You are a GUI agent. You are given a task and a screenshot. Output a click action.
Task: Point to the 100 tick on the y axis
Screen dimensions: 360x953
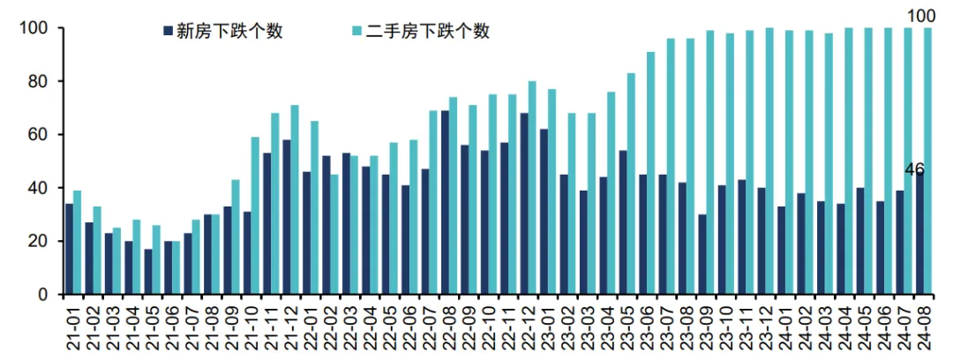tap(33, 28)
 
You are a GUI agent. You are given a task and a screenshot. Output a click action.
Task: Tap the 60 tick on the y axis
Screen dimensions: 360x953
tap(36, 135)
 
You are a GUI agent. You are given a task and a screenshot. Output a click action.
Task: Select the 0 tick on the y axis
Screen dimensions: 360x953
tap(41, 295)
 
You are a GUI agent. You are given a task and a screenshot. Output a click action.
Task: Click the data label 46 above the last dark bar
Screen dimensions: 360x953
tap(914, 169)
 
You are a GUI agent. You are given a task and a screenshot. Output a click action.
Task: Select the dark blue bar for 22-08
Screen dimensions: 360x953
tap(445, 203)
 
